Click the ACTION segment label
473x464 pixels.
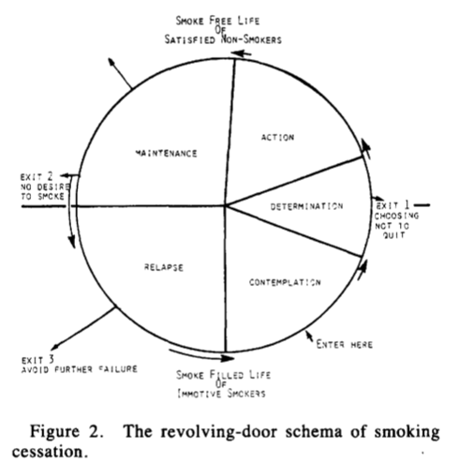point(277,137)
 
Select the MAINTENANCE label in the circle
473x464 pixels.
point(166,153)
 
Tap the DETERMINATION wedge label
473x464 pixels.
point(306,206)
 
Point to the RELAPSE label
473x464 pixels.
point(164,267)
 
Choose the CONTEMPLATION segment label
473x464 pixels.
point(285,282)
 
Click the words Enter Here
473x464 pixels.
point(345,344)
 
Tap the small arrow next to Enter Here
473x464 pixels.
point(309,336)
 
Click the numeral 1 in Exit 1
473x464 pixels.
point(406,205)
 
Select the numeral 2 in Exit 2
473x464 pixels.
point(50,176)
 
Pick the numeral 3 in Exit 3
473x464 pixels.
point(52,359)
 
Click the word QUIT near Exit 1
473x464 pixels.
point(394,235)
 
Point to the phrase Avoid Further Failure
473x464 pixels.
point(80,369)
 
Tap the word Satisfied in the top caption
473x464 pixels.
point(190,39)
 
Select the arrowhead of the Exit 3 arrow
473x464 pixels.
point(55,347)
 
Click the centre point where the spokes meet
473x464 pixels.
point(226,205)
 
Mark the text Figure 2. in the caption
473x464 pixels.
point(67,432)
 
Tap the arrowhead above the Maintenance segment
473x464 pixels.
point(111,61)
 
